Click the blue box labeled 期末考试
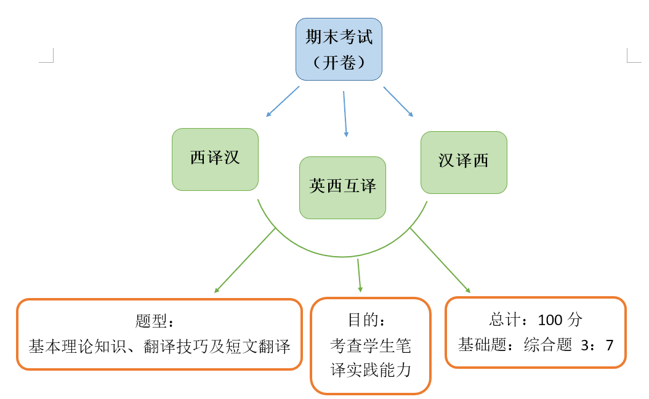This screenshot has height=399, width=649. pyautogui.click(x=339, y=37)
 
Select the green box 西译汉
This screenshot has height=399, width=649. pyautogui.click(x=215, y=159)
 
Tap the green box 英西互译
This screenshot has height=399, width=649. pyautogui.click(x=342, y=187)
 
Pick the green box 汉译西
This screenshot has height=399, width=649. pyautogui.click(x=464, y=162)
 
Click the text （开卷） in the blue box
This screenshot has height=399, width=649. pyautogui.click(x=339, y=63)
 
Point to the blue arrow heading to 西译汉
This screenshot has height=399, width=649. pyautogui.click(x=283, y=101)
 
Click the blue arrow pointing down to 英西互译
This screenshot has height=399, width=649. pyautogui.click(x=345, y=114)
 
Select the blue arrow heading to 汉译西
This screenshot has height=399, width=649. pyautogui.click(x=398, y=101)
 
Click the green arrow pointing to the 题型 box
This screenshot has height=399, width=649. pyautogui.click(x=244, y=260)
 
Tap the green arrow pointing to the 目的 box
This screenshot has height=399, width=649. pyautogui.click(x=359, y=275)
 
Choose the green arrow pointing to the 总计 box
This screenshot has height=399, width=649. pyautogui.click(x=440, y=260)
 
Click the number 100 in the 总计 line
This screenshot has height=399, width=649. pyautogui.click(x=550, y=320)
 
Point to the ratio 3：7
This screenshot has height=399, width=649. pyautogui.click(x=597, y=345)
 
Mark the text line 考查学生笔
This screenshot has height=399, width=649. pyautogui.click(x=370, y=346)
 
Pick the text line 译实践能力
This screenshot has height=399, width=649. pyautogui.click(x=370, y=370)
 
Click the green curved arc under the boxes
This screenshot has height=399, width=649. pyautogui.click(x=342, y=256)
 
